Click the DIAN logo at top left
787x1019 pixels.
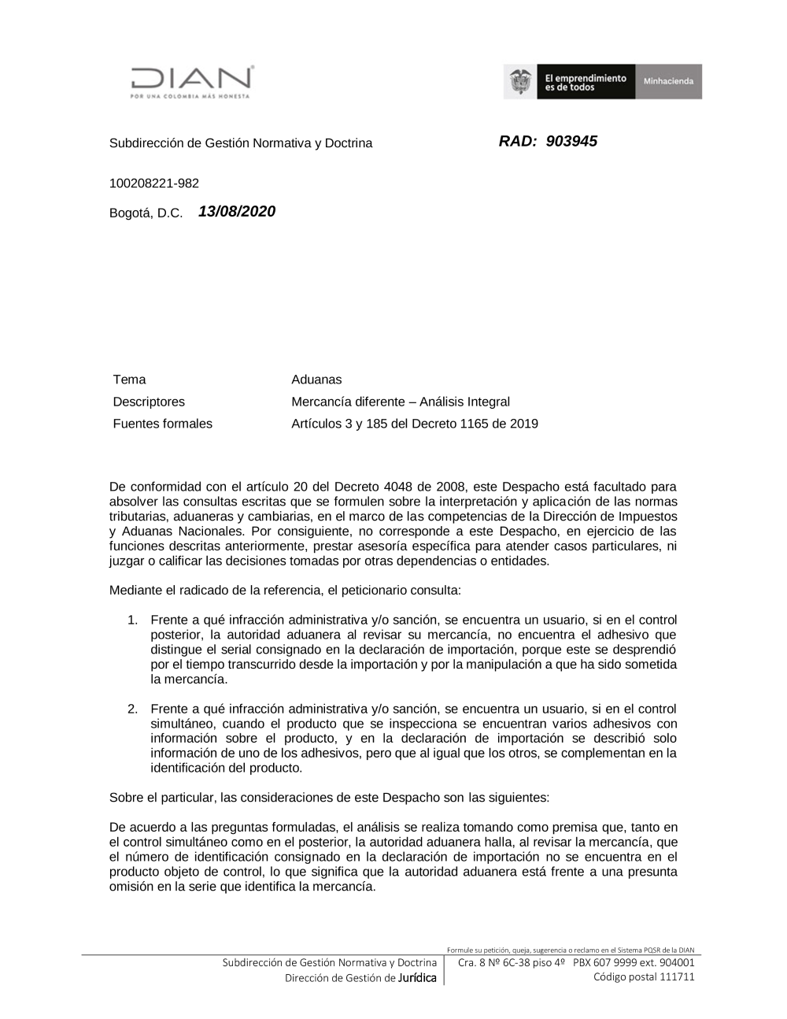pos(192,81)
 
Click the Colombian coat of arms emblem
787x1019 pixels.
pos(519,82)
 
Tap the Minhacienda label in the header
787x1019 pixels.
pos(668,82)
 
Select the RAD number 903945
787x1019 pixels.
pos(571,141)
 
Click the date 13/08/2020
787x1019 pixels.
pos(237,211)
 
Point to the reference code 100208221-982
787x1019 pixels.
pos(154,183)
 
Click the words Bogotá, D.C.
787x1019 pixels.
pos(146,213)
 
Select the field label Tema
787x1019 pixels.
pos(129,380)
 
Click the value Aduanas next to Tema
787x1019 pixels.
pos(316,380)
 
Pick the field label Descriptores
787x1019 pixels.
pos(149,402)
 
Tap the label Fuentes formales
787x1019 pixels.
pos(162,424)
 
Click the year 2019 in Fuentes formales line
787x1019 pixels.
pos(523,424)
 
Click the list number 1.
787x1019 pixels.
pos(133,620)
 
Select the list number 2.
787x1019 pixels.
pos(133,709)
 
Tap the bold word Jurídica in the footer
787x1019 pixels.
pos(417,978)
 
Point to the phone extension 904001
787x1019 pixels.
pos(677,962)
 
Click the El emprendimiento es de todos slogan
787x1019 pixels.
pos(586,82)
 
